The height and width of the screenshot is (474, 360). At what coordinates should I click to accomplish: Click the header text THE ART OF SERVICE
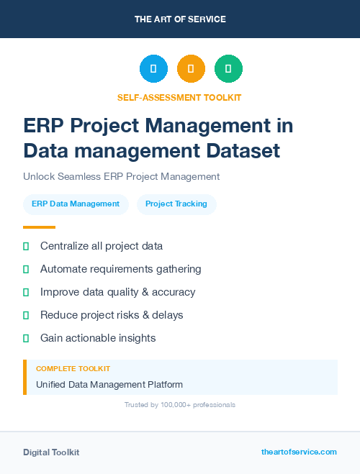click(x=180, y=19)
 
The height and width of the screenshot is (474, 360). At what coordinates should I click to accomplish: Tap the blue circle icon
click(x=153, y=68)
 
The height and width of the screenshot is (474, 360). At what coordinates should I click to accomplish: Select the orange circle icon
click(x=191, y=68)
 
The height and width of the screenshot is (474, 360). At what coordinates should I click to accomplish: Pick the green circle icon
click(x=228, y=68)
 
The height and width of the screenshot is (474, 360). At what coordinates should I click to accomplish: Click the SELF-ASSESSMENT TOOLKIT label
click(x=180, y=97)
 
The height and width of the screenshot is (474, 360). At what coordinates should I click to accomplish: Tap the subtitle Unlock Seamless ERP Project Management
click(x=121, y=176)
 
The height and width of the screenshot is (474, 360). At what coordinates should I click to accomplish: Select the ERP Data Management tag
click(x=76, y=204)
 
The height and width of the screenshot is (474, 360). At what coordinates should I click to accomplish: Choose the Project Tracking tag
click(x=176, y=204)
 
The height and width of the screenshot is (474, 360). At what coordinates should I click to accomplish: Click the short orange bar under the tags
click(x=39, y=227)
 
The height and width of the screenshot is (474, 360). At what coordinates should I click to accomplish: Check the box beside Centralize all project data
click(x=26, y=246)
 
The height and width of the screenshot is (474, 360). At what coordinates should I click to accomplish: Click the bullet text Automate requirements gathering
click(x=120, y=269)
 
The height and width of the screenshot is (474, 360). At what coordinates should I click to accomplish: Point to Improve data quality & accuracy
click(x=117, y=292)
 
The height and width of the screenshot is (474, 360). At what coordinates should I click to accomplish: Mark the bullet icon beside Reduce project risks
click(x=26, y=315)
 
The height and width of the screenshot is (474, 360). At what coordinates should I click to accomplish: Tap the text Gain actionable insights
click(x=98, y=338)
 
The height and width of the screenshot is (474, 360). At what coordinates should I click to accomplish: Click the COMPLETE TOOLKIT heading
click(x=73, y=368)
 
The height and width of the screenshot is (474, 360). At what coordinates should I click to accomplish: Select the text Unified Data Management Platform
click(x=109, y=384)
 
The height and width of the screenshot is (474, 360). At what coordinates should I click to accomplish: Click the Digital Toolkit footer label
click(x=51, y=452)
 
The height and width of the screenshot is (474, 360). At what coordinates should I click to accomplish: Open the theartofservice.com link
click(x=299, y=452)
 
